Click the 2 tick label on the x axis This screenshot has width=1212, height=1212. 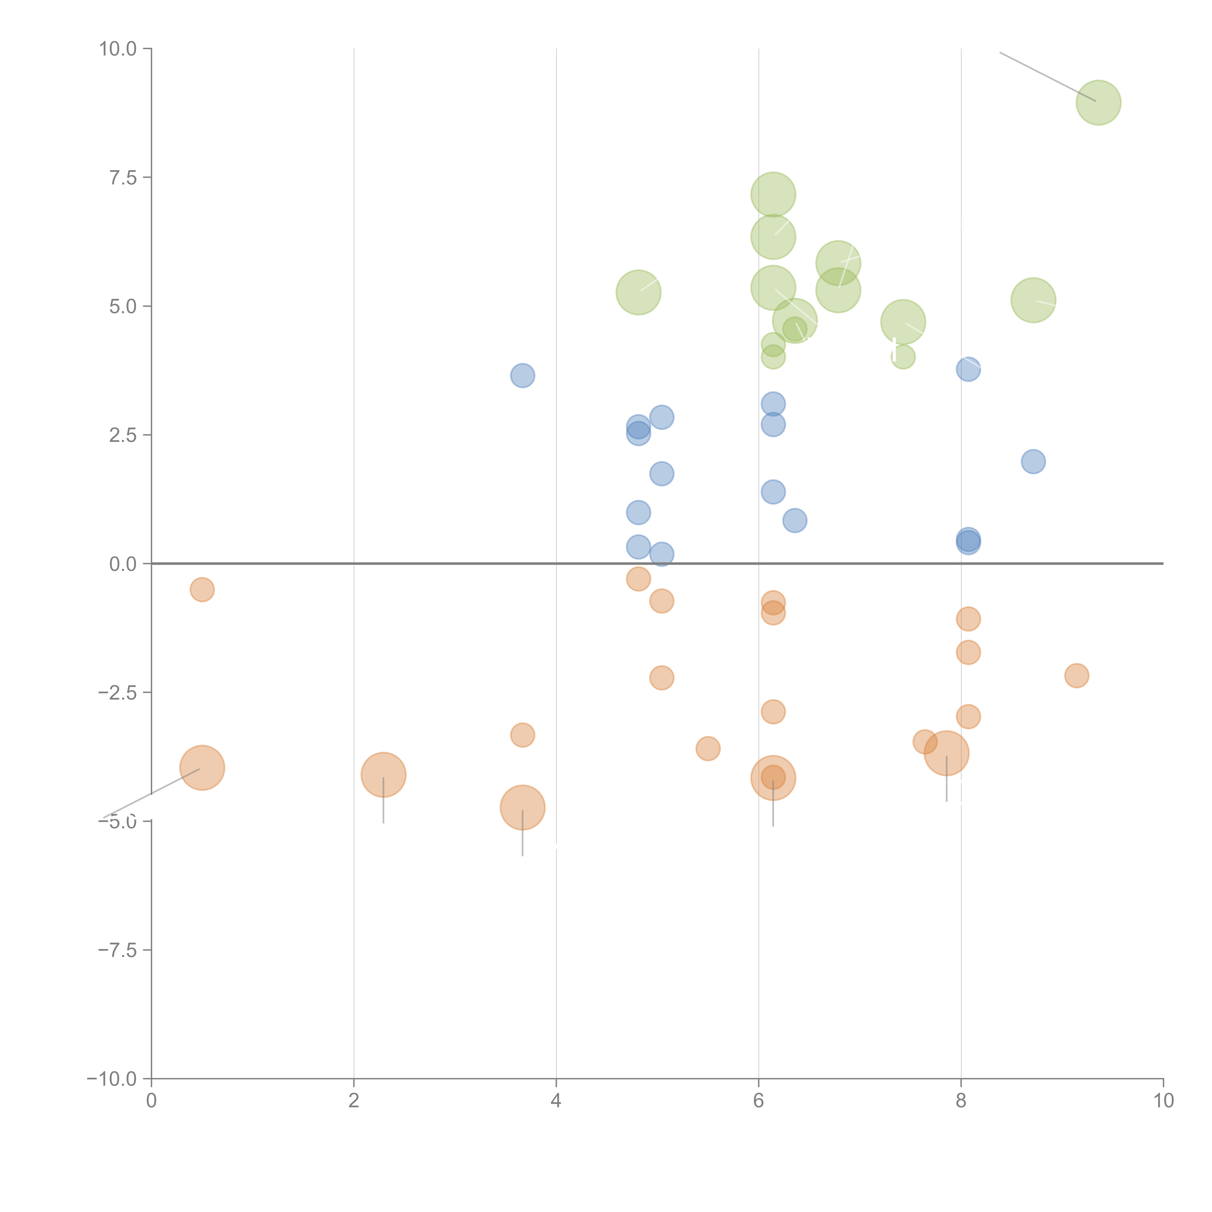(x=354, y=1100)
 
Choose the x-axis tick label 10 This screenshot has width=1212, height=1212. (x=1163, y=1100)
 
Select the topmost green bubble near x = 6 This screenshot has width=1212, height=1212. (x=773, y=194)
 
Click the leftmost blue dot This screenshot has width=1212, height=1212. (x=522, y=376)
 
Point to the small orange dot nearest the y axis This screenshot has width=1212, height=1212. (x=202, y=589)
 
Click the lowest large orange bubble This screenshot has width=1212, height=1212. (x=522, y=807)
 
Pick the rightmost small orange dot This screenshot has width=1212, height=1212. (x=1076, y=676)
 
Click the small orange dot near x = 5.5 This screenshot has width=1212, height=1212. (x=708, y=748)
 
